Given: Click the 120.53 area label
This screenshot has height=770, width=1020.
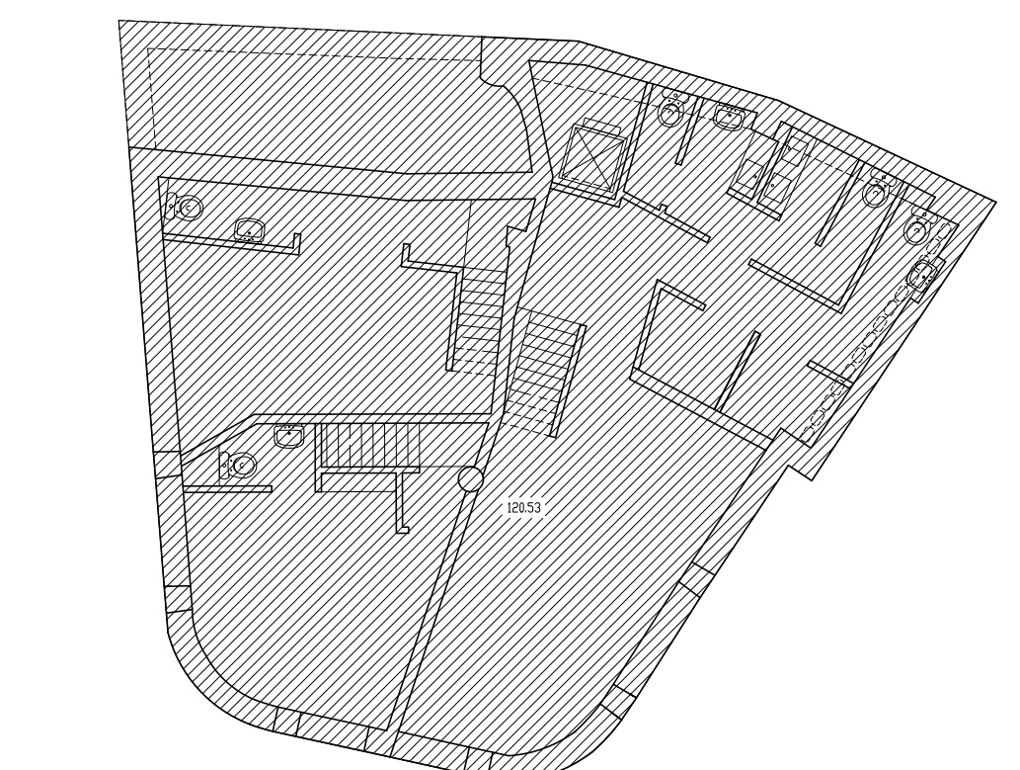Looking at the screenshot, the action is pos(523,507).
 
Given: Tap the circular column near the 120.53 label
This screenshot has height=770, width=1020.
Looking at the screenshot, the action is pos(470,478).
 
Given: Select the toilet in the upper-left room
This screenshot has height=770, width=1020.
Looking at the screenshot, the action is pos(186,208).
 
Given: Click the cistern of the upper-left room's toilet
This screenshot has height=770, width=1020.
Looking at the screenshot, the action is pos(172,205).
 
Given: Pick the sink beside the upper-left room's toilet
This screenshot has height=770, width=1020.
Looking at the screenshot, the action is pos(250,229).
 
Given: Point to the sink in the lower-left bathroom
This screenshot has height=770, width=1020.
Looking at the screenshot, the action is pos(289,435).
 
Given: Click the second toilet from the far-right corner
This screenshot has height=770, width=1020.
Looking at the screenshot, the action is pos(879,189).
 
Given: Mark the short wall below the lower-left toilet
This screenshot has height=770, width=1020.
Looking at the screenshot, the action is pos(228,488).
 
